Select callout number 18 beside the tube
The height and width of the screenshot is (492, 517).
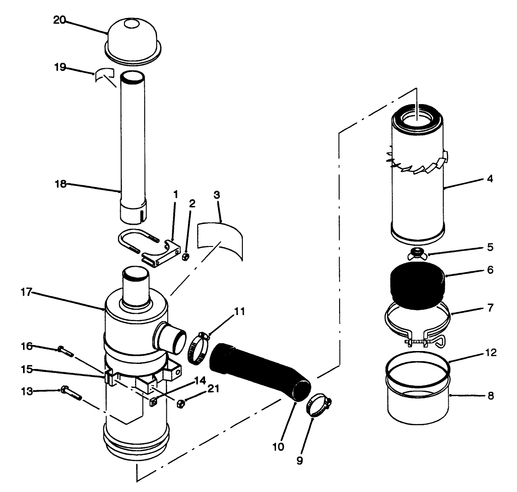(61, 184)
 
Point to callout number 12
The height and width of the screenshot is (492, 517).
(490, 353)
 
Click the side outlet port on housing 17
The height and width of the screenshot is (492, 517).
(170, 335)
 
